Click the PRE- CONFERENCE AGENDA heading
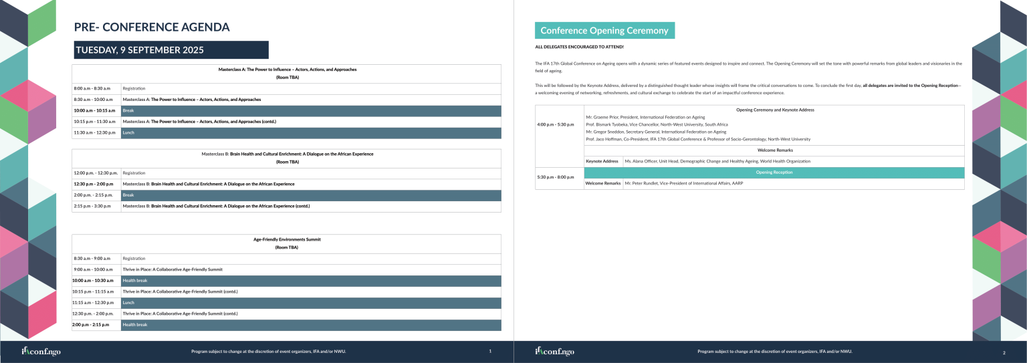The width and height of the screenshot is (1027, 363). pos(152,27)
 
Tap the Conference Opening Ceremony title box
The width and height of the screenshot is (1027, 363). pos(604,31)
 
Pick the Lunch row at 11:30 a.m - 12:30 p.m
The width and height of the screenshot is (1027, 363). pos(311,133)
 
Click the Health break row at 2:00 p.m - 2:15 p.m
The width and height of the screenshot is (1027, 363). pos(311,325)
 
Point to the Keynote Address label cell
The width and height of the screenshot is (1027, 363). pos(602,161)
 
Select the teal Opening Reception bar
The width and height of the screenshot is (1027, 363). pos(774,172)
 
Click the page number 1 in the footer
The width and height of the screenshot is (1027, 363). pos(490,351)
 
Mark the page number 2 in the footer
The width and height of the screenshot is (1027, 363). pos(1004,352)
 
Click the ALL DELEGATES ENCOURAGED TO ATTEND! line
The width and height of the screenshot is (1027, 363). pos(579,47)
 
